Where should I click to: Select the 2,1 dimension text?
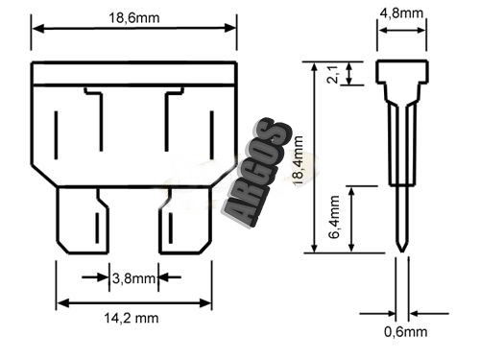(x=333, y=74)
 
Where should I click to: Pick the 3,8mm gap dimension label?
(x=132, y=278)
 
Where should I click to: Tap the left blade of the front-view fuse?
(x=83, y=221)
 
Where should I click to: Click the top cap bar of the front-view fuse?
(x=133, y=74)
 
